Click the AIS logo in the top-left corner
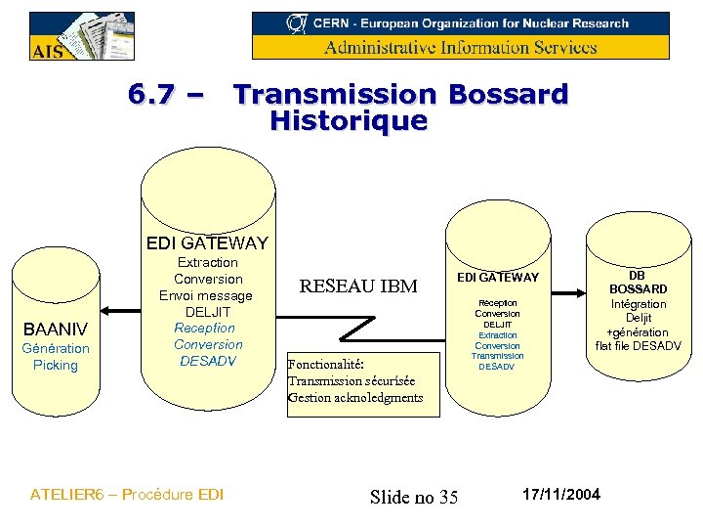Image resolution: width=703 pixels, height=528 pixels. (x=82, y=36)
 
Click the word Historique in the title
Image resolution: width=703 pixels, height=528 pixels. (x=349, y=121)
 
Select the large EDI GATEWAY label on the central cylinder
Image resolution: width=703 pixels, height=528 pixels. (x=207, y=243)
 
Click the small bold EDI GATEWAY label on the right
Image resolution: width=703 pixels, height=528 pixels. (x=498, y=279)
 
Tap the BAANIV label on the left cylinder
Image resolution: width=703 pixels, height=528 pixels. (x=55, y=329)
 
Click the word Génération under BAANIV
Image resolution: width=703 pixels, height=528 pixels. (x=55, y=348)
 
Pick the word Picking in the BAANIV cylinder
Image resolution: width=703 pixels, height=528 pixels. (x=55, y=365)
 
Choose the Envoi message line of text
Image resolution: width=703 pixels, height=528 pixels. (x=206, y=295)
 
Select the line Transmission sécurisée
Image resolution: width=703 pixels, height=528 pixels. (x=351, y=380)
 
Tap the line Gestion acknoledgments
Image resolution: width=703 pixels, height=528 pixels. (x=355, y=397)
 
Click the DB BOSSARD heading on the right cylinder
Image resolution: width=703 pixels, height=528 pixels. (x=638, y=282)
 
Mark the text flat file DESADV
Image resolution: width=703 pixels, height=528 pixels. (x=638, y=346)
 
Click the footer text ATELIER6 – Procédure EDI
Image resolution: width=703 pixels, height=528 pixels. (x=127, y=494)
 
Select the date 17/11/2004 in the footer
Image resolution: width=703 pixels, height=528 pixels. (x=562, y=493)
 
